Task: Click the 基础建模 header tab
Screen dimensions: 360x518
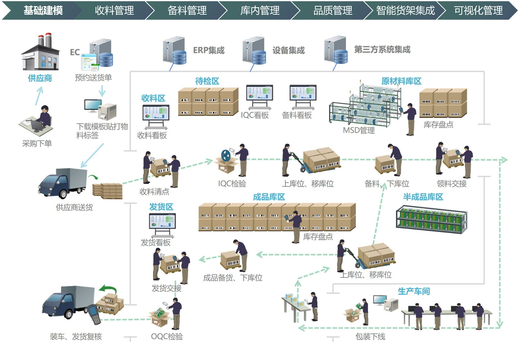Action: (43, 10)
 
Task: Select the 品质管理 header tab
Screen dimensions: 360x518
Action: (332, 10)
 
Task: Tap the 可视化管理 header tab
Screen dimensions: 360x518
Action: (478, 10)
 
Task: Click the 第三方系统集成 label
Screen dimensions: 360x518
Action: (382, 50)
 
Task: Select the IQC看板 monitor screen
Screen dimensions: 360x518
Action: (260, 93)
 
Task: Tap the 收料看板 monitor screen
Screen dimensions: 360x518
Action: (156, 113)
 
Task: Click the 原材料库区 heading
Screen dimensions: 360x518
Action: (401, 81)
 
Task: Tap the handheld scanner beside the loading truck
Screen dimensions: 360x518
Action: (94, 314)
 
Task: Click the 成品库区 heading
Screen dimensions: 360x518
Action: (269, 197)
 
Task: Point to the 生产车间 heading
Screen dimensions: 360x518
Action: (414, 291)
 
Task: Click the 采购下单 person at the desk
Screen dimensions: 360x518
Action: (42, 118)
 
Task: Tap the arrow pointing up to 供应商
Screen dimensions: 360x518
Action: (39, 96)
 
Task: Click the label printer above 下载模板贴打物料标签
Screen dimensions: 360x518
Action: (108, 111)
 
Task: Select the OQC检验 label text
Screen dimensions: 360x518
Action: (167, 337)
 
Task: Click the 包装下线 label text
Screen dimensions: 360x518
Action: (370, 337)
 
